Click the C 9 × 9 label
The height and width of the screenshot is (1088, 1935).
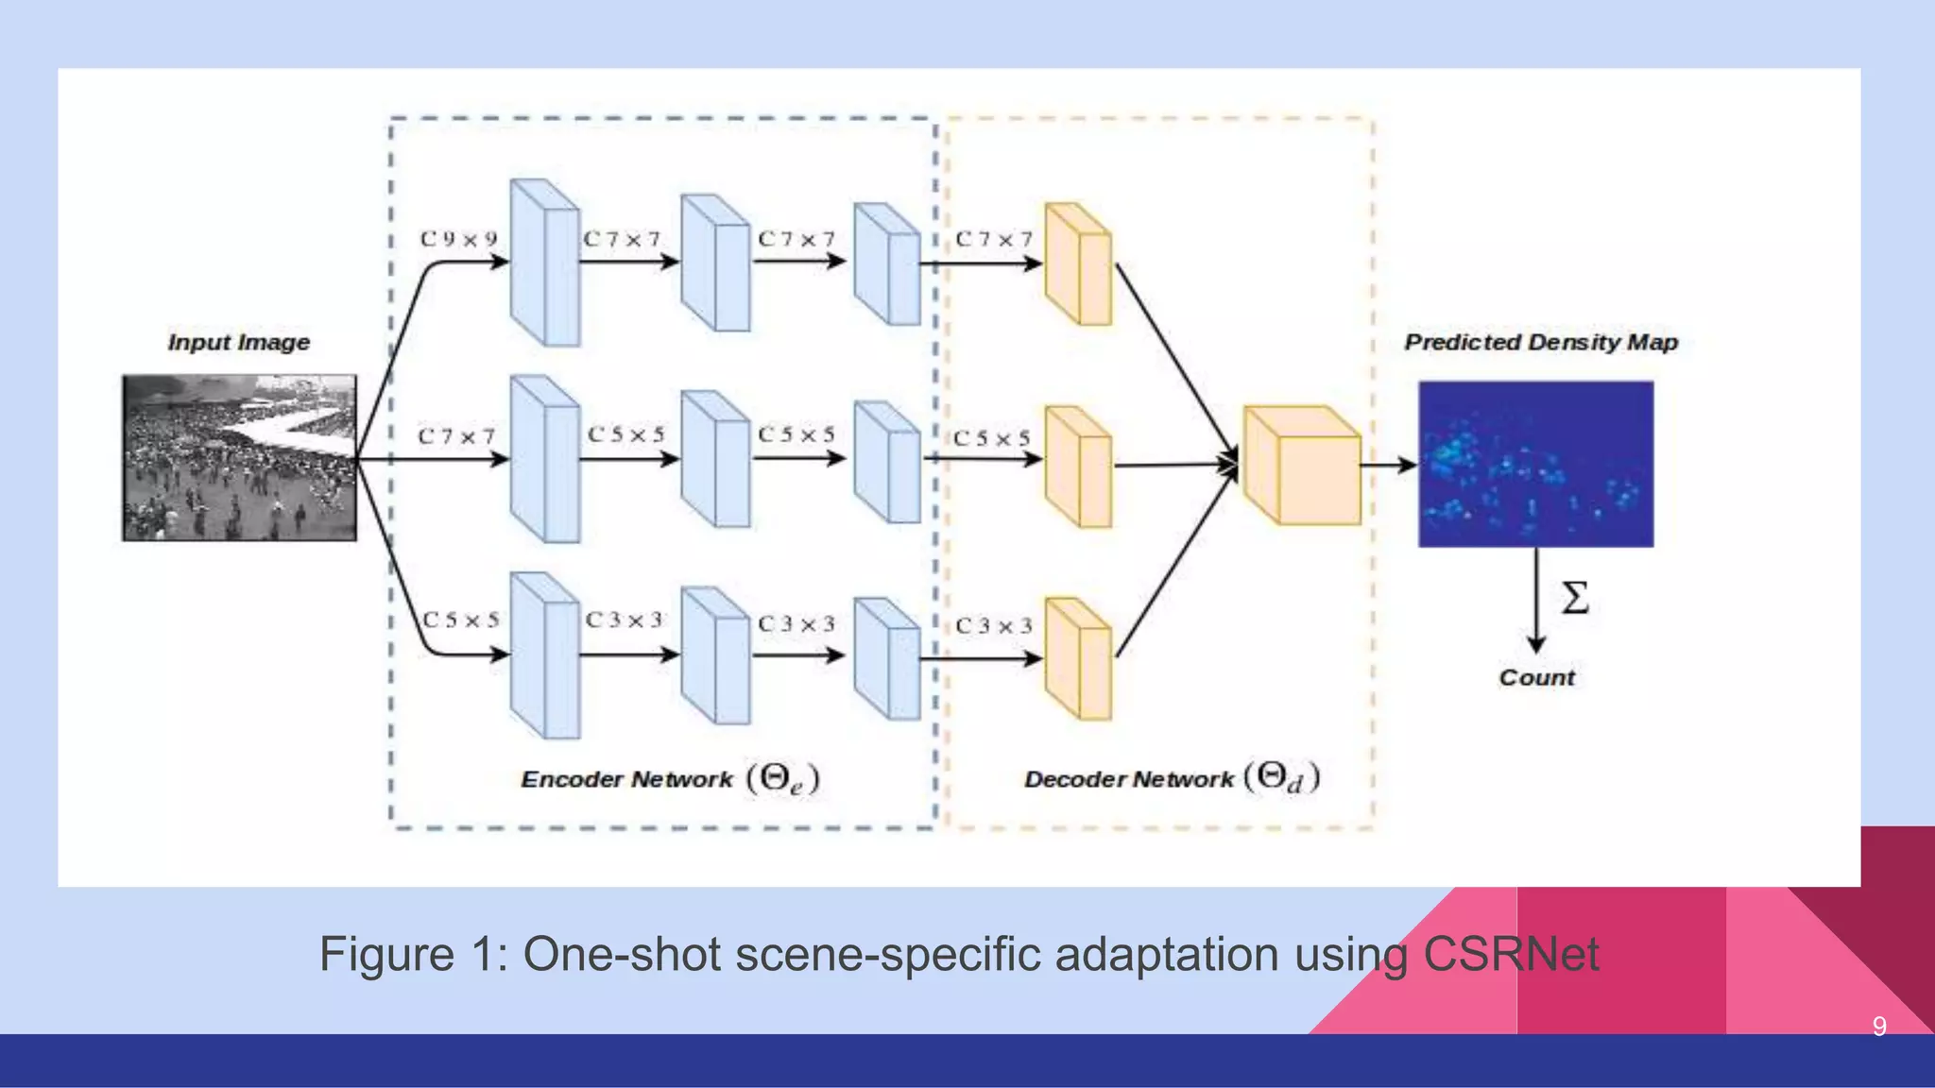[458, 239]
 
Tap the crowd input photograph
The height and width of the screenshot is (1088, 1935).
[239, 458]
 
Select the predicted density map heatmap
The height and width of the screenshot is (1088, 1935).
[1535, 464]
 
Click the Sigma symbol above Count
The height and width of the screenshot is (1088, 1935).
[1574, 599]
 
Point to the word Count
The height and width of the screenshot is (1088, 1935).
[1536, 677]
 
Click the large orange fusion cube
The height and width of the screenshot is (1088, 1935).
[1302, 466]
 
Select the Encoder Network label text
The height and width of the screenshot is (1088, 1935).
[625, 779]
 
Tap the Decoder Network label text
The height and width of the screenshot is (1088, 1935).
[1128, 779]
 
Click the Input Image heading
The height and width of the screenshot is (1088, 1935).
[239, 342]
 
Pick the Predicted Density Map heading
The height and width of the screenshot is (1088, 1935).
[1540, 342]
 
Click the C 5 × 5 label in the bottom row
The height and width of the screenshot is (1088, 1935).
[460, 620]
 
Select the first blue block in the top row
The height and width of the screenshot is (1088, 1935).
[544, 263]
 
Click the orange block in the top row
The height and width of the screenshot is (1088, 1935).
[1078, 263]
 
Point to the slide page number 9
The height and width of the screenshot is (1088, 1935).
[1878, 1027]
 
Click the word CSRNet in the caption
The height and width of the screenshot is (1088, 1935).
[1510, 954]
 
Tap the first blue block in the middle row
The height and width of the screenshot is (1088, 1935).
[544, 459]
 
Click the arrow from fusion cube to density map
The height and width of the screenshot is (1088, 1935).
[1388, 464]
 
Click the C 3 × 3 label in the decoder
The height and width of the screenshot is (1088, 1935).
[993, 626]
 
